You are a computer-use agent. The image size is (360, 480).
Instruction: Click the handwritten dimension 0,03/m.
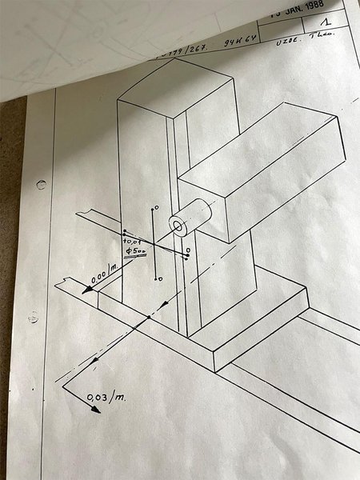pos(107,394)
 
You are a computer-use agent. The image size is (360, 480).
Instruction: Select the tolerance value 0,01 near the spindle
pos(132,239)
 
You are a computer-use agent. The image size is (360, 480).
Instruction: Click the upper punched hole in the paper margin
pos(41,184)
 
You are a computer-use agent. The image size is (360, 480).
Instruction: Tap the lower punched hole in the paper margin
pos(33,318)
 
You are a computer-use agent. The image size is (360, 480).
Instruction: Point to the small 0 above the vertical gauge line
pos(157,207)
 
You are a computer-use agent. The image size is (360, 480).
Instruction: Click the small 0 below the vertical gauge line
pos(160,278)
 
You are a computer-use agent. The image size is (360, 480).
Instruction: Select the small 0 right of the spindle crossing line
pos(188,250)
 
